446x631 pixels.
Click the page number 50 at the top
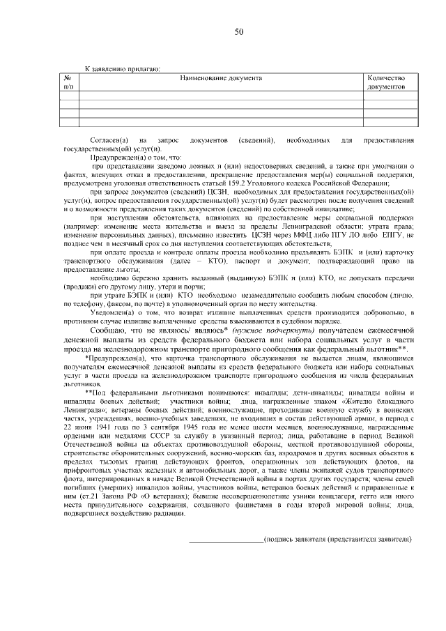pyautogui.click(x=239, y=32)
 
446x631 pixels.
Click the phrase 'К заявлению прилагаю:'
pyautogui.click(x=122, y=68)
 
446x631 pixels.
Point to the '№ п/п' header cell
pyautogui.click(x=68, y=82)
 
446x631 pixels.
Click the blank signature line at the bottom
pyautogui.click(x=226, y=540)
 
